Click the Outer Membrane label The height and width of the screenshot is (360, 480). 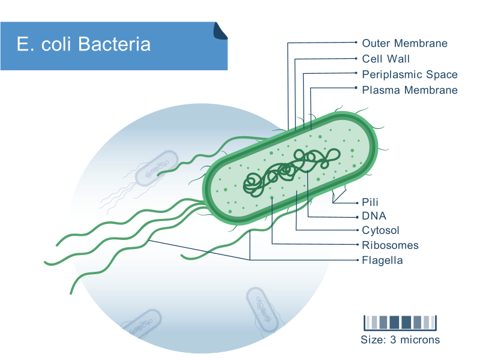[404, 43]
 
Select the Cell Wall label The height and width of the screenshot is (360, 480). [386, 59]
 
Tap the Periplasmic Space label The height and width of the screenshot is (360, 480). [410, 74]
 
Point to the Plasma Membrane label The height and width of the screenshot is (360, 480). [410, 90]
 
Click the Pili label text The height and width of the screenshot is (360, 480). [370, 202]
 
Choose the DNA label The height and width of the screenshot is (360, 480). [374, 216]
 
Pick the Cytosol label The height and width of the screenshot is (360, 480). [380, 230]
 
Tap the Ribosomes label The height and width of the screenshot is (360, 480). [390, 245]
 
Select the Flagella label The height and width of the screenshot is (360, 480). [382, 260]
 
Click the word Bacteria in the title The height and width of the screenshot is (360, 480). [114, 44]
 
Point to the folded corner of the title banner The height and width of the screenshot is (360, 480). [220, 31]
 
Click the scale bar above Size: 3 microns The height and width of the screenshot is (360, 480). [400, 323]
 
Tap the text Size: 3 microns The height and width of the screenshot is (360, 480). [400, 340]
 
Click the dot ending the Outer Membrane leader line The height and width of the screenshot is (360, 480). [356, 42]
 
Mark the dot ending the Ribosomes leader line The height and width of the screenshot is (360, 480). [357, 245]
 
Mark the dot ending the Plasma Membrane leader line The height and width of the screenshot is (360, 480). [356, 88]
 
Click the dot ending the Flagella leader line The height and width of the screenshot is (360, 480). [357, 260]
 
